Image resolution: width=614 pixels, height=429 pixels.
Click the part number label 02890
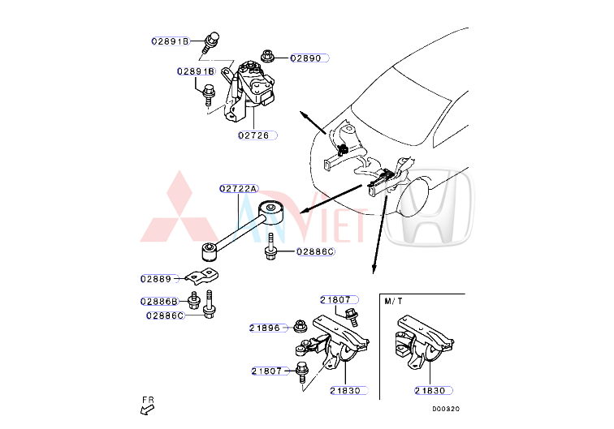point(305,58)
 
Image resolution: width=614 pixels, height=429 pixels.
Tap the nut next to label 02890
point(266,57)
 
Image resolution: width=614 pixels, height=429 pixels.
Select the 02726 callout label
point(253,135)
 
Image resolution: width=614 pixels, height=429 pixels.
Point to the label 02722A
point(238,188)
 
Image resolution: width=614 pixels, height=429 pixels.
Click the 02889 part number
point(156,278)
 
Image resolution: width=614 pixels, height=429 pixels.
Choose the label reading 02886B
point(158,301)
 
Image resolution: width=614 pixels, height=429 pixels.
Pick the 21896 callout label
point(265,328)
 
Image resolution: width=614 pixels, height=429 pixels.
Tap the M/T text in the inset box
point(393,301)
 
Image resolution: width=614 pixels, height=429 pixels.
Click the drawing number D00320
point(446,410)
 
